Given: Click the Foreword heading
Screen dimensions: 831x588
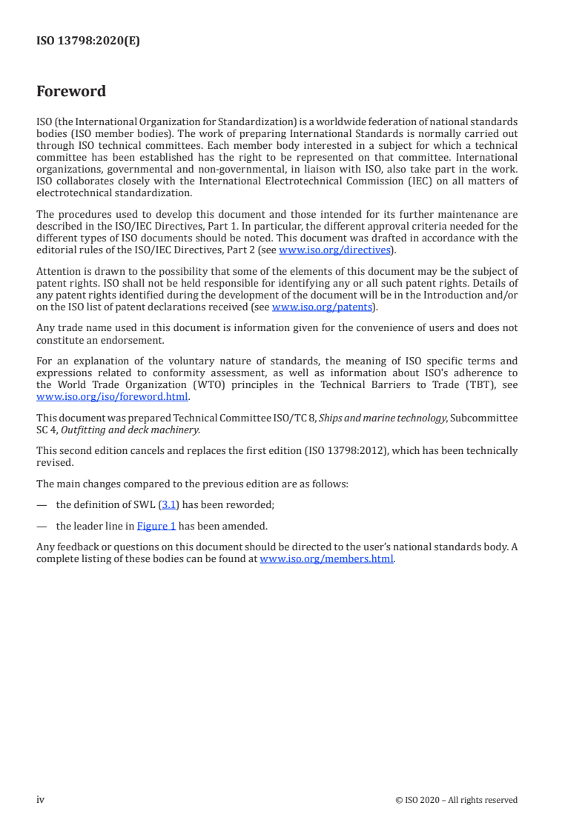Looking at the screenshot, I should click(x=71, y=92).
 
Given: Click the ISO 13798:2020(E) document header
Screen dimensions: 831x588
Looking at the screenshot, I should click(x=88, y=41).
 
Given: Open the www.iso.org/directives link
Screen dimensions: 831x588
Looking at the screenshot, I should click(x=334, y=250).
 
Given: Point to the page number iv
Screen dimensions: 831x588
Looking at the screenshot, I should click(x=40, y=799).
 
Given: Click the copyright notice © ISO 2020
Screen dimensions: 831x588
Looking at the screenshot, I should click(x=456, y=800).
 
